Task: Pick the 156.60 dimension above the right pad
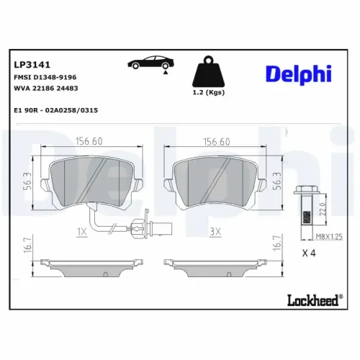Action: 217,142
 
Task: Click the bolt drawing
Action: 305,206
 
